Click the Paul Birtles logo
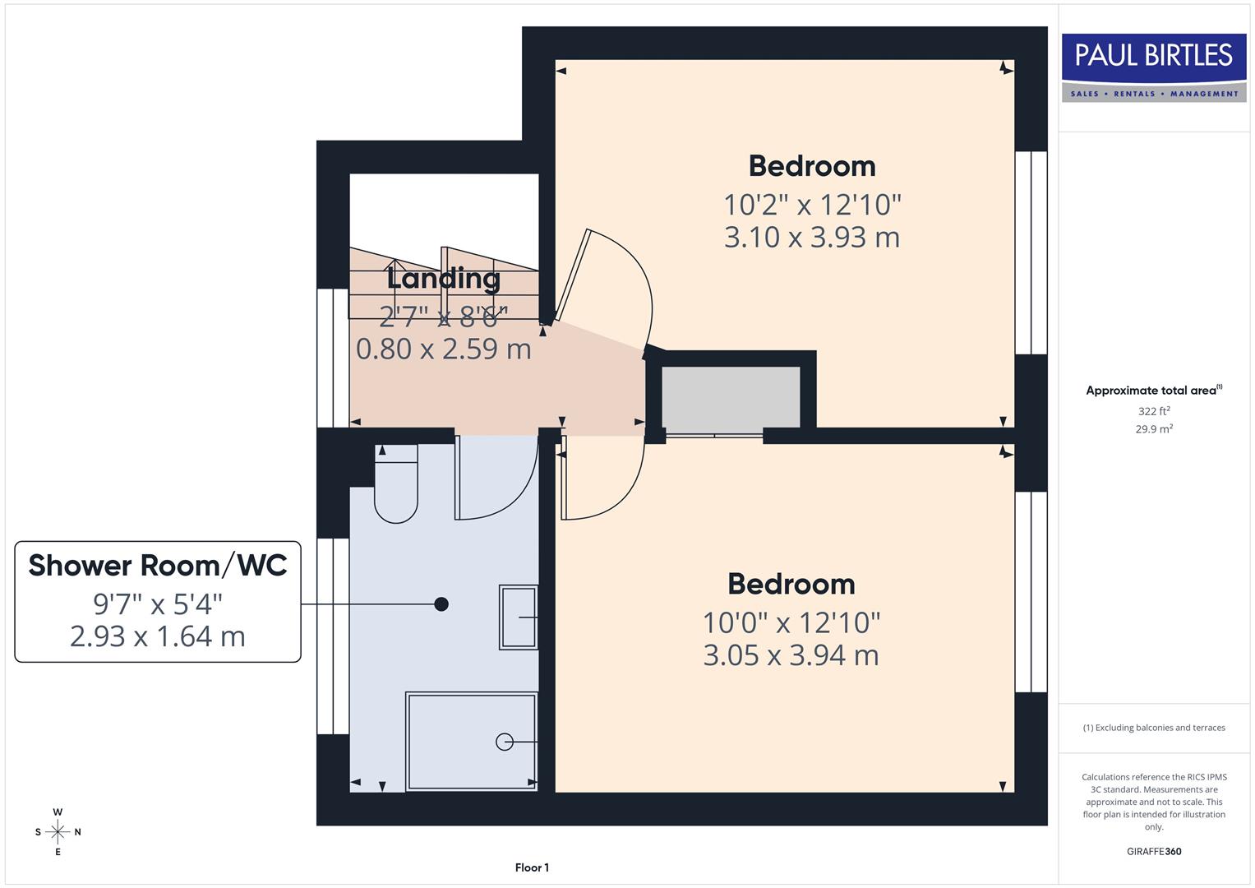pyautogui.click(x=1154, y=67)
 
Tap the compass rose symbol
pyautogui.click(x=58, y=832)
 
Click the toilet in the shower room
pyautogui.click(x=396, y=486)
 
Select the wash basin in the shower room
pyautogui.click(x=519, y=617)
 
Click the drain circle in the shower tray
pyautogui.click(x=505, y=742)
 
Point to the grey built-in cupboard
pyautogui.click(x=731, y=397)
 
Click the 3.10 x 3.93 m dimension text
pyautogui.click(x=811, y=238)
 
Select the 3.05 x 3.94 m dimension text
pyautogui.click(x=791, y=655)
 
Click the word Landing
pyautogui.click(x=444, y=278)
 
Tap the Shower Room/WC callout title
pyautogui.click(x=158, y=566)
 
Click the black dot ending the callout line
pyautogui.click(x=441, y=604)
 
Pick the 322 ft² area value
pyautogui.click(x=1154, y=411)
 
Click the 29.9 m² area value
pyautogui.click(x=1154, y=428)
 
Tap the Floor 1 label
pyautogui.click(x=532, y=867)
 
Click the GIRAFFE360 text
pyautogui.click(x=1154, y=851)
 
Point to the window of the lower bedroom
pyautogui.click(x=1031, y=592)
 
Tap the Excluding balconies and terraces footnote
pyautogui.click(x=1154, y=728)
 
